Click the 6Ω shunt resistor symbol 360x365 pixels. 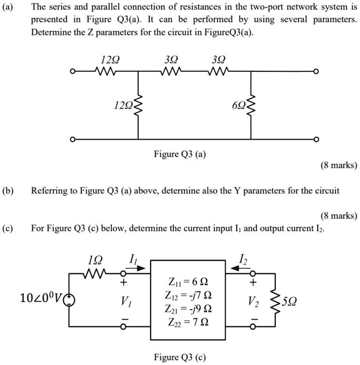coord(250,105)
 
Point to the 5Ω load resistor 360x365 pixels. coord(275,302)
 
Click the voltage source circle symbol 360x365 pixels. coord(70,302)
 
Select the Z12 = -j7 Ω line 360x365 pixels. coord(189,295)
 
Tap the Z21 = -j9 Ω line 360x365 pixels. coord(189,308)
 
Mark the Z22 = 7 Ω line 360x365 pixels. coord(189,321)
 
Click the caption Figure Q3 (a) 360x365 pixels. coord(180,155)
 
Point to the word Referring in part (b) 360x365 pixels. coord(49,191)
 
